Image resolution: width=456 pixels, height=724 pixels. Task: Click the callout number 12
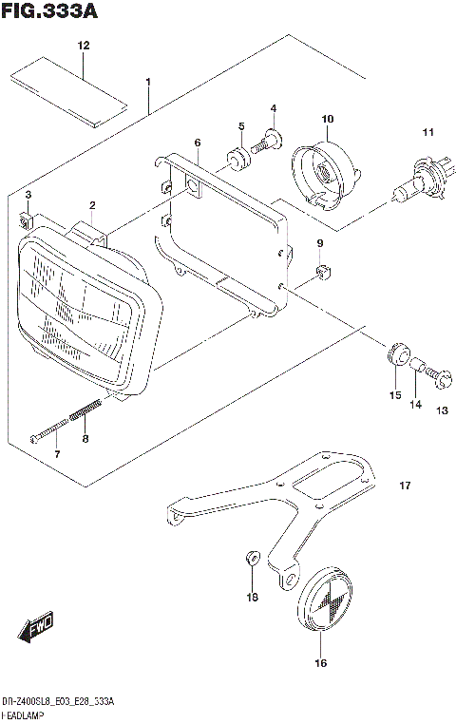pyautogui.click(x=83, y=46)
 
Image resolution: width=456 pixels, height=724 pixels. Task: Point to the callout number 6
pyautogui.click(x=197, y=143)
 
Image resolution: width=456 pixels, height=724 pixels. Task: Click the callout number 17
pyautogui.click(x=404, y=486)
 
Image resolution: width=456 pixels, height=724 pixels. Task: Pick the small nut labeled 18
pyautogui.click(x=252, y=557)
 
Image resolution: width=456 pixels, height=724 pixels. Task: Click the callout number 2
pyautogui.click(x=92, y=205)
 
